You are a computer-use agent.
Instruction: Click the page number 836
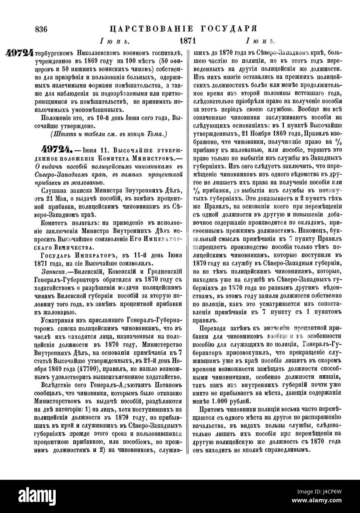click(42, 29)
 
